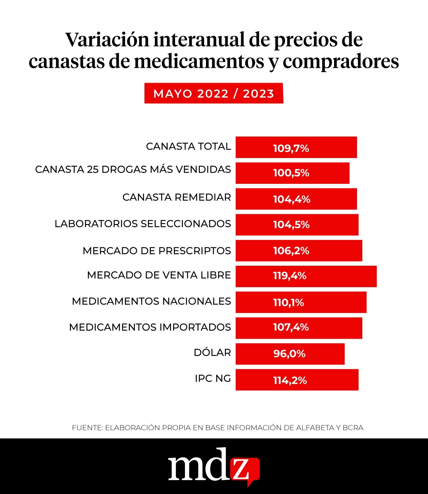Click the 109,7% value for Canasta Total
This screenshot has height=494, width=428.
[x=291, y=148]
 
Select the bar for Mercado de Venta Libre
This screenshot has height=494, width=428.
[x=306, y=276]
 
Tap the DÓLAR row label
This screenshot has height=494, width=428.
[x=212, y=353]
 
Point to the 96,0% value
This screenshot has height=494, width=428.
[x=289, y=354]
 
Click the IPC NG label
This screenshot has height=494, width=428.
[x=213, y=379]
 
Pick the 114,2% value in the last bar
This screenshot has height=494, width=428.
[x=290, y=380]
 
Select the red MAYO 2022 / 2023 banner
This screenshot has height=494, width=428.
[x=214, y=93]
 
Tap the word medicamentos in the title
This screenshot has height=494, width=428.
[x=199, y=61]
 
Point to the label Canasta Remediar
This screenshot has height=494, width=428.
[x=177, y=197]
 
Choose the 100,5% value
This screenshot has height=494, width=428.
[x=291, y=173]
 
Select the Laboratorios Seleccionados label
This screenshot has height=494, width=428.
[x=143, y=224]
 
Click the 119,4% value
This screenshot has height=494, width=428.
[x=290, y=276]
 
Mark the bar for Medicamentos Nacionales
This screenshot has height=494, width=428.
[x=301, y=302]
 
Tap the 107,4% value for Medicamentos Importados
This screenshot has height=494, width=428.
[x=291, y=327]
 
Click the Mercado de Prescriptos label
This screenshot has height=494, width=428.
[x=157, y=251]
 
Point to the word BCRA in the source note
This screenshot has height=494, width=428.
[x=353, y=428]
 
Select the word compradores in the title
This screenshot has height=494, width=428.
[x=341, y=61]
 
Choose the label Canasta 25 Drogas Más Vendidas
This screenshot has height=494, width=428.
[x=133, y=169]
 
